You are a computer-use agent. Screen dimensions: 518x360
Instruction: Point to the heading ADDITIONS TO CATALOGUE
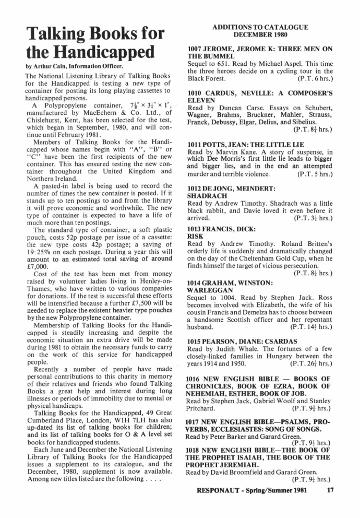tap(263, 27)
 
